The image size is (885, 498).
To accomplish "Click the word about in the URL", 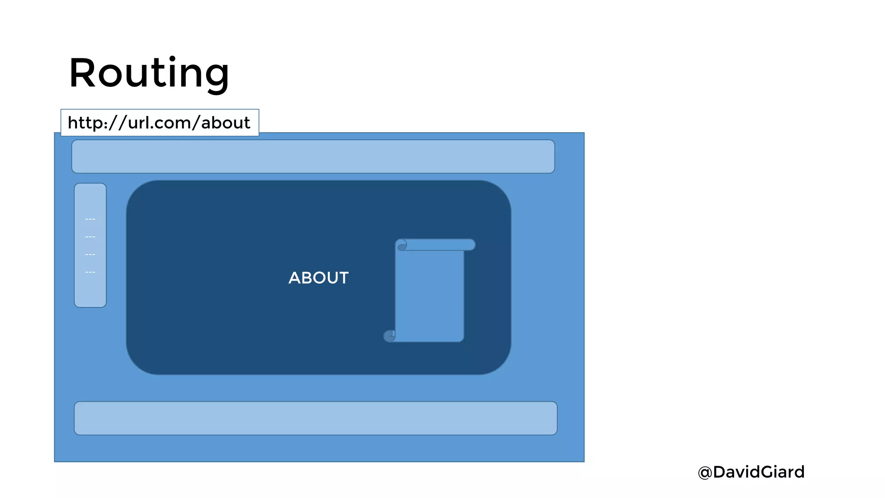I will (x=226, y=123).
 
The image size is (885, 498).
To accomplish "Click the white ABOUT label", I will (x=318, y=278).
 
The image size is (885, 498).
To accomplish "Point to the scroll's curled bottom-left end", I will (x=389, y=336).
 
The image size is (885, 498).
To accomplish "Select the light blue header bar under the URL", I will (x=313, y=156).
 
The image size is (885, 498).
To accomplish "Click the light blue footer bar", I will (x=315, y=418).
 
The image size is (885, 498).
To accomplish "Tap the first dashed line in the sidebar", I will (x=90, y=219).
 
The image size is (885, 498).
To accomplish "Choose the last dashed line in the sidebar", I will (x=90, y=272).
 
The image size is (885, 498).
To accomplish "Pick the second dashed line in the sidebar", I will (x=90, y=237).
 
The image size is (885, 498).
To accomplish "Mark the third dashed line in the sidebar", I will (x=90, y=255).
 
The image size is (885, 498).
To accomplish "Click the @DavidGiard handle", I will (x=751, y=472).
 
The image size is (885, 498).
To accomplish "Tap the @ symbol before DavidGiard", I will (x=705, y=472).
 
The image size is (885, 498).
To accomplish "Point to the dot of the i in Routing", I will (x=172, y=58).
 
